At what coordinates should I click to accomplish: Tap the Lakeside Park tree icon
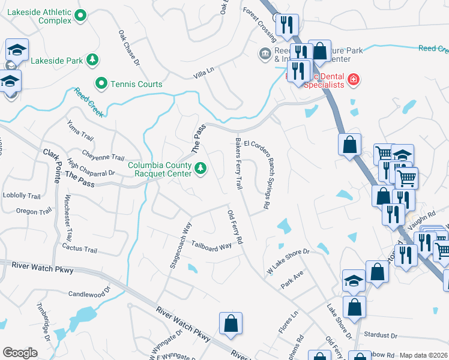tap(93, 59)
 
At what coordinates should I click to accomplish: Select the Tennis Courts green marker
tap(101, 83)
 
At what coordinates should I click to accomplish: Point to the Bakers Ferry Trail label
tap(238, 164)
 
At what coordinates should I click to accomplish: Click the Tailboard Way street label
tap(211, 245)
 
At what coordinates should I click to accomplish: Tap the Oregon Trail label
tap(34, 211)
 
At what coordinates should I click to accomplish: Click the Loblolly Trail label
tap(22, 196)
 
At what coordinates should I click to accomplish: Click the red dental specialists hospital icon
tap(354, 79)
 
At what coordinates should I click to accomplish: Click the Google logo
tap(20, 353)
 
